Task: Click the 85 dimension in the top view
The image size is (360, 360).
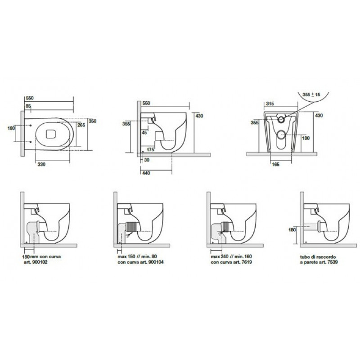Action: [x=28, y=106]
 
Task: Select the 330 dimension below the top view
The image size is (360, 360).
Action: [x=41, y=164]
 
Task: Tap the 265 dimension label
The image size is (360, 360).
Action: [x=81, y=125]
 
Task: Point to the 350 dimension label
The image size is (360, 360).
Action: [x=93, y=121]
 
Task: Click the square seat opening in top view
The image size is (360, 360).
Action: [x=51, y=134]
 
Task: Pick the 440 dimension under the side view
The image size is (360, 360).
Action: [x=146, y=173]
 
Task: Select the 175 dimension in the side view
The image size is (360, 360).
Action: [x=150, y=150]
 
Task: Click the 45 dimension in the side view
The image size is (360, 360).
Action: [x=144, y=132]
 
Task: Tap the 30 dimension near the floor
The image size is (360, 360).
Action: [x=147, y=160]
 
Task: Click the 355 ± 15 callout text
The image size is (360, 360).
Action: [x=311, y=94]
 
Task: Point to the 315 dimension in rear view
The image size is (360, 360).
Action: [x=270, y=103]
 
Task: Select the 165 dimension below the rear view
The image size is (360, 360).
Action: [x=275, y=164]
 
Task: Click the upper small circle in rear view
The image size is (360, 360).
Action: [x=281, y=119]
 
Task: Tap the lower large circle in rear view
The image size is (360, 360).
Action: [x=281, y=135]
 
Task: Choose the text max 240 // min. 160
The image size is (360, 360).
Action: [x=231, y=256]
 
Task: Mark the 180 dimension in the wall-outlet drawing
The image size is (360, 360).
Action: [x=292, y=230]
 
